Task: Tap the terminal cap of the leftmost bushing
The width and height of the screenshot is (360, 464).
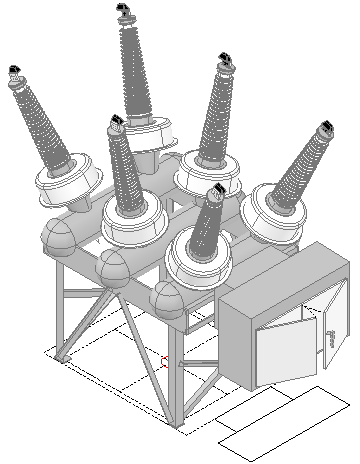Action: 14,72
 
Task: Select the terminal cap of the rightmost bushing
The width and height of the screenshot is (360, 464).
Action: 325,129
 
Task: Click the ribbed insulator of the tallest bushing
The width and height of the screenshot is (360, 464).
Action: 133,70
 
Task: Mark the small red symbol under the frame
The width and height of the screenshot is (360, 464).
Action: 165,361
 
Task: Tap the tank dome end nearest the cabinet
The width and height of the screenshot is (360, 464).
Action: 169,298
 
